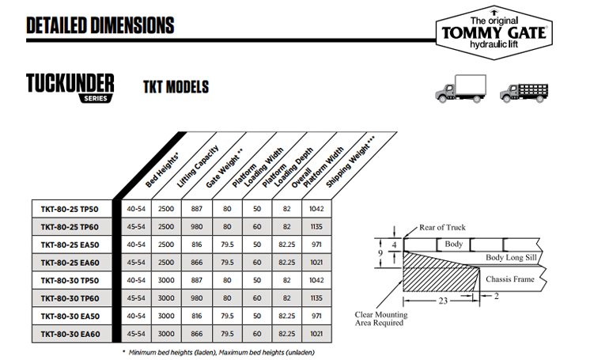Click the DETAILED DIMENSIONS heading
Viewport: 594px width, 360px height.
pos(100,25)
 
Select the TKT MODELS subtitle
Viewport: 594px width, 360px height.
pos(176,86)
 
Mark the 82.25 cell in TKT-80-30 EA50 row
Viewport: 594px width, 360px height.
pos(285,316)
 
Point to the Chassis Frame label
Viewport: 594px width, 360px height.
pos(509,279)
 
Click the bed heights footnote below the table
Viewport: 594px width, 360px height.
pos(218,351)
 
